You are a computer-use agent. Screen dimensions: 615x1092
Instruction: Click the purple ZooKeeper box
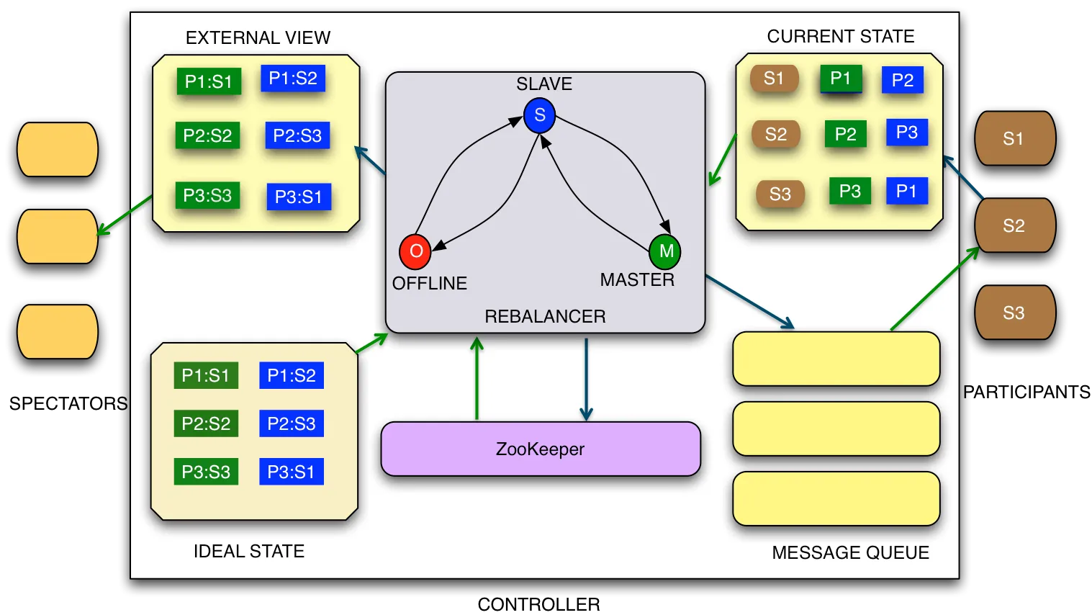click(540, 449)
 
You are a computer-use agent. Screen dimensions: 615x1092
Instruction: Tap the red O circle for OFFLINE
click(415, 251)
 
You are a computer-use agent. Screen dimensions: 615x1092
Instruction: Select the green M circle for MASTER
click(665, 251)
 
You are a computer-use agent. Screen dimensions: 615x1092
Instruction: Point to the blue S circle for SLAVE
click(539, 115)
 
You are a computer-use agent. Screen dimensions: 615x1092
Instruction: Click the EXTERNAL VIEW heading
click(258, 37)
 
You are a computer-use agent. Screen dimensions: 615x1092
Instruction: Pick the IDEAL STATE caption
click(248, 551)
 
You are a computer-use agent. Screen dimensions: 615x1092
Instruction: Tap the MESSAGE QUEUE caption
click(850, 552)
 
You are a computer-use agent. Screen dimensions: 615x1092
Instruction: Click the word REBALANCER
click(545, 316)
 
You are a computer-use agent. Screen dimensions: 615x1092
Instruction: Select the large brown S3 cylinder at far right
click(1014, 313)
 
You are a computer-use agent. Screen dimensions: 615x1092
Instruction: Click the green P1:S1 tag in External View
click(209, 81)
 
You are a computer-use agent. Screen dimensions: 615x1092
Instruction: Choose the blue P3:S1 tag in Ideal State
click(291, 472)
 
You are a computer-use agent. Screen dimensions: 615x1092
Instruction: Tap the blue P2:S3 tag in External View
click(297, 135)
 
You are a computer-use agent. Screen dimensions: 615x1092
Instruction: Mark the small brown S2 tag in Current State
click(776, 134)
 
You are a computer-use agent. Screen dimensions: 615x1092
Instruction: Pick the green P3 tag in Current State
click(850, 191)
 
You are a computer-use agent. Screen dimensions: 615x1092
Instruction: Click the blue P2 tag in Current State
click(902, 80)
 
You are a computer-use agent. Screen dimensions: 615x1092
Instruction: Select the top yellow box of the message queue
click(836, 359)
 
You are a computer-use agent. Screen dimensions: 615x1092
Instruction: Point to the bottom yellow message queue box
click(836, 498)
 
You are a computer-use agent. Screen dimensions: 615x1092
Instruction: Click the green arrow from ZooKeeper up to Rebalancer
click(477, 378)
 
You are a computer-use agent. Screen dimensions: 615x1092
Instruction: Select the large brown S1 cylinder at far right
click(1014, 138)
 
